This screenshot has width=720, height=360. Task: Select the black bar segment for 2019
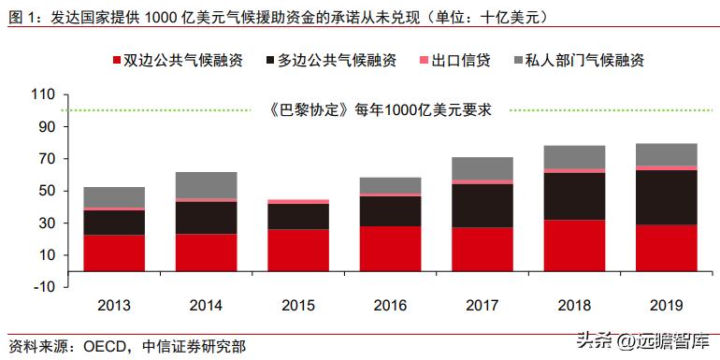pos(666,197)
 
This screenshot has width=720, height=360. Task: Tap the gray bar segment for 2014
pos(206,185)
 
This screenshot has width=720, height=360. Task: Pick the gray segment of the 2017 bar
pos(482,168)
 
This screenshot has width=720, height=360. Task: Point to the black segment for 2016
pos(390,211)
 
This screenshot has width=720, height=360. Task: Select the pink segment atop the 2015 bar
pos(298,201)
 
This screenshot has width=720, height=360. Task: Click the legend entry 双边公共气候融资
pos(177,60)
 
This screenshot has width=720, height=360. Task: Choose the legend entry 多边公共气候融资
pos(331,60)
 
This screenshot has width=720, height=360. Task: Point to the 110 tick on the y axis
pos(45,94)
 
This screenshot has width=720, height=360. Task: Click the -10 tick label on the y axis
pos(45,287)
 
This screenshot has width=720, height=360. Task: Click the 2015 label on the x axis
pos(298,305)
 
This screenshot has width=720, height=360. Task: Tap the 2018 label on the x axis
pos(574,305)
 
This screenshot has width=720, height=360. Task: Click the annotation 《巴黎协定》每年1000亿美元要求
pos(380,109)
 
